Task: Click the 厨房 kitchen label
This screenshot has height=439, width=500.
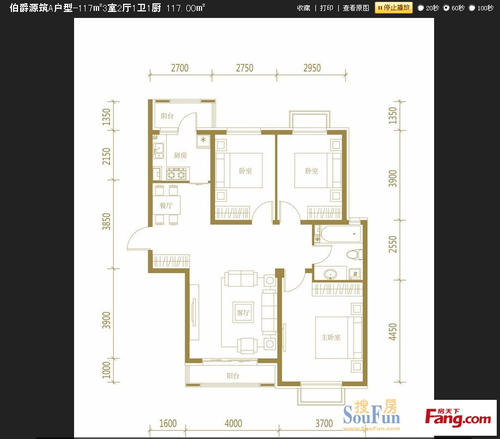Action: pyautogui.click(x=180, y=156)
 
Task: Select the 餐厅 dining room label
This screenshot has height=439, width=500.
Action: pyautogui.click(x=167, y=204)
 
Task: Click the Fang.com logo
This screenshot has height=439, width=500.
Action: pyautogui.click(x=462, y=418)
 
